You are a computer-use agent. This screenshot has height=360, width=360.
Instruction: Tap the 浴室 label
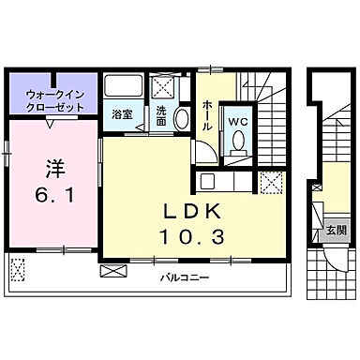(123, 114)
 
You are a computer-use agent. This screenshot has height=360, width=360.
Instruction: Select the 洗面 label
(161, 116)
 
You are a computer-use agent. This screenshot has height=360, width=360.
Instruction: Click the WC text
(237, 121)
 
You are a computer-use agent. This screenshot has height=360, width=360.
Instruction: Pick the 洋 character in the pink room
(53, 170)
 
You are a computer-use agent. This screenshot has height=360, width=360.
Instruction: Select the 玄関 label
(336, 231)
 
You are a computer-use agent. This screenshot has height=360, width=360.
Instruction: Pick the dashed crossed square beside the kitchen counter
(271, 184)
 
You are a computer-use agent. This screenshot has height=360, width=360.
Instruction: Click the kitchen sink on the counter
(208, 181)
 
